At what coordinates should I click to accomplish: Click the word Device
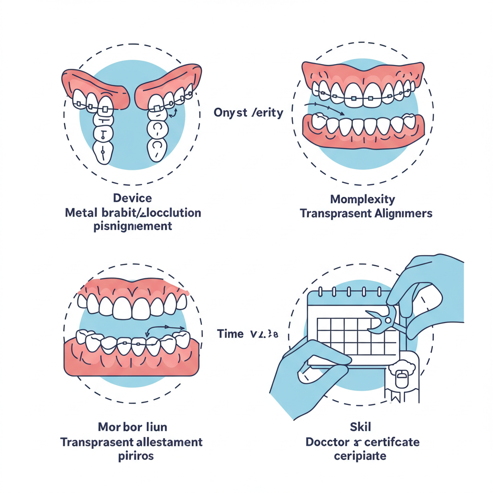[132, 198]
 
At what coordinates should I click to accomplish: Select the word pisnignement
[132, 226]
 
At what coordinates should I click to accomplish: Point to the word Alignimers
[402, 213]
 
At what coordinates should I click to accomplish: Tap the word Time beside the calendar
[230, 334]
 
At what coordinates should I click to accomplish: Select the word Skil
[360, 427]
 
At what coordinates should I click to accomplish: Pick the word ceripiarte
[360, 455]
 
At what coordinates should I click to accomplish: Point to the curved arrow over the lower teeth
[166, 329]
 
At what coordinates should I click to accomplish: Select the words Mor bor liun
[132, 427]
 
